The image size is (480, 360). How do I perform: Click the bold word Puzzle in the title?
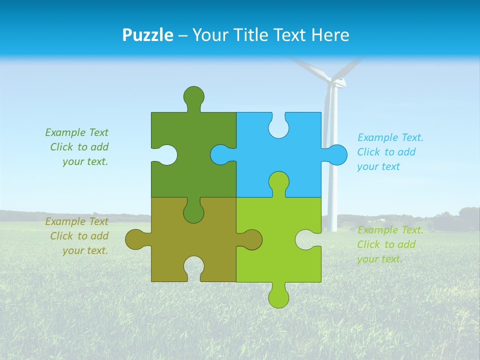pos(148,35)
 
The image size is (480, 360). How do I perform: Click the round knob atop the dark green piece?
pos(193,96)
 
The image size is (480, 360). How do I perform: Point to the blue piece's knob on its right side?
pos(336,155)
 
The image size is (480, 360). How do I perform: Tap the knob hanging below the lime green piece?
pos(278,296)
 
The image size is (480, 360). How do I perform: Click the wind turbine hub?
pos(337,82)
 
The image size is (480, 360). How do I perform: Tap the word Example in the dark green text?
pos(65,132)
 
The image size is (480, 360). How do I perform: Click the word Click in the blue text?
pos(368,152)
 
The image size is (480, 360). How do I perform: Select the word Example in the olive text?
pos(65,221)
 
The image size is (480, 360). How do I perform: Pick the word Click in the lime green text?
pos(368,244)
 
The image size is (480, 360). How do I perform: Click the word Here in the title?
pos(329,35)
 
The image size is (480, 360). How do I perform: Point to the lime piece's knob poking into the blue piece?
pos(278,182)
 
